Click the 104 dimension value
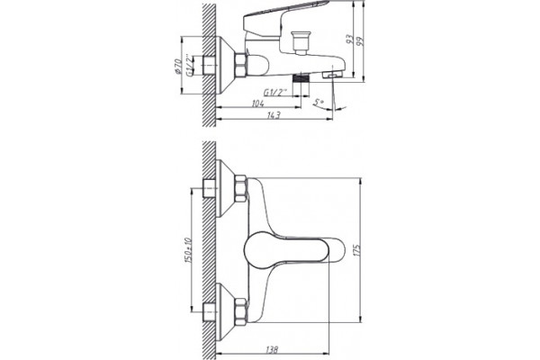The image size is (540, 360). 258,103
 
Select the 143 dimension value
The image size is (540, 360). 274,115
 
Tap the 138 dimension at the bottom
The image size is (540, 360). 272,349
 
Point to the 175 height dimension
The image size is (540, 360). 356,250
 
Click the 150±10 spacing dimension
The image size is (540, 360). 188,250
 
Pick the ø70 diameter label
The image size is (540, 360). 178,66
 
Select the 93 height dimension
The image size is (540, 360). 350,39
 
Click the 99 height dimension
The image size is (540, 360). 360,41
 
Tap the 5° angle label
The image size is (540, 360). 319,102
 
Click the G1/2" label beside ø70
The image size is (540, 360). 189,65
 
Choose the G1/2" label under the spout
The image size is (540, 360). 275,93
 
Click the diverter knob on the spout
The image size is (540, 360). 301,42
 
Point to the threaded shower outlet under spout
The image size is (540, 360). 301,78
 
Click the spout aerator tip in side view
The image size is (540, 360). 333,75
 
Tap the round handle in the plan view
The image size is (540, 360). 294,250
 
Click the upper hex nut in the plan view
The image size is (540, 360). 240,189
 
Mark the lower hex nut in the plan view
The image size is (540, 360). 240,311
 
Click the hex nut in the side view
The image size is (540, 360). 240,65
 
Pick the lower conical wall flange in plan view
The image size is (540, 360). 226,311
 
